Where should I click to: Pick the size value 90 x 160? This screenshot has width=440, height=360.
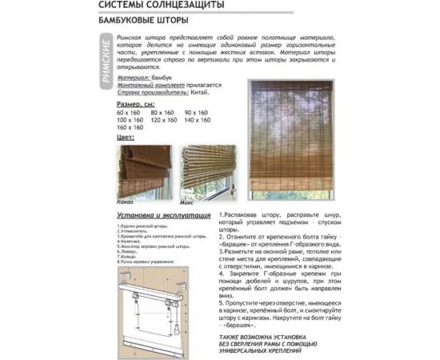197,113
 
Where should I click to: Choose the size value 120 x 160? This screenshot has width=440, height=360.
163,120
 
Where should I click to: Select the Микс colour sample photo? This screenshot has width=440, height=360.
206,170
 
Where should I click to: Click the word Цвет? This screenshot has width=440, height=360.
126,137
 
